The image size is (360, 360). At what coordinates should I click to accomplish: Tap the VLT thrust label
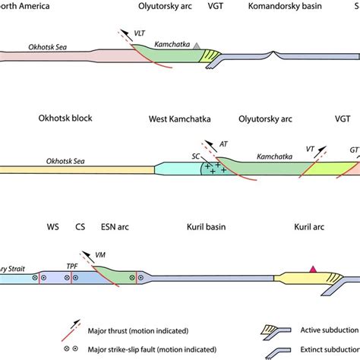point(140,33)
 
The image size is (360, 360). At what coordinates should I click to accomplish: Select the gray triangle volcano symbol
point(197,47)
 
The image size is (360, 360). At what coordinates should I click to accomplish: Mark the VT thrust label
point(310,150)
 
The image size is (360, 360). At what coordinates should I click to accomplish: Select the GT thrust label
point(353,150)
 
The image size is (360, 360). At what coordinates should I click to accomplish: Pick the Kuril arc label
point(311,226)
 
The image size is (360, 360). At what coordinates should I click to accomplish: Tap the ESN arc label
point(115,226)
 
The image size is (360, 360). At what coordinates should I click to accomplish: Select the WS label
point(52,226)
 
